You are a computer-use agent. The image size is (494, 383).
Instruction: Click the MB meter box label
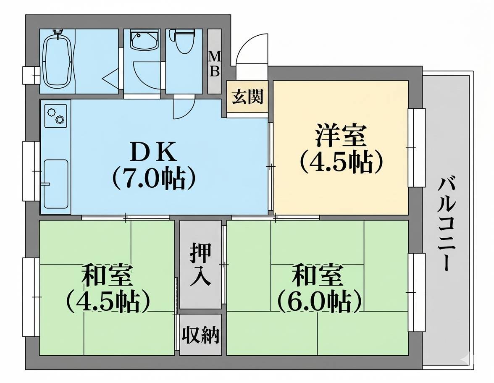click(x=215, y=63)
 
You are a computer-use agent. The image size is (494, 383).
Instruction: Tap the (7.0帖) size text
click(x=154, y=178)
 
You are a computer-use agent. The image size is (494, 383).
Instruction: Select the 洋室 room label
click(x=341, y=136)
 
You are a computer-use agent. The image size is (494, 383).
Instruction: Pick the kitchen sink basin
click(x=56, y=183)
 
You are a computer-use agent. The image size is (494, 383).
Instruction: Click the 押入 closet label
click(x=200, y=265)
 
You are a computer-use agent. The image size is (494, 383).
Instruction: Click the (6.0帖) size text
click(x=319, y=301)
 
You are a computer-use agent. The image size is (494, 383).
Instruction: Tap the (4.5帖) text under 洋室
click(x=341, y=162)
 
